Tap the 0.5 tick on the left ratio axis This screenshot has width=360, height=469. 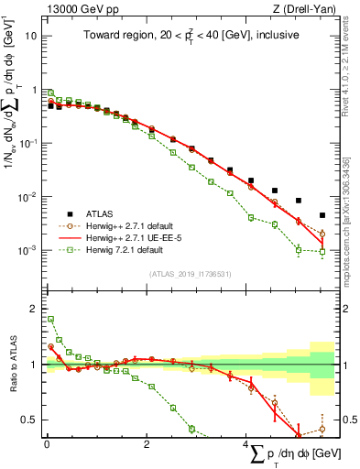click(28, 420)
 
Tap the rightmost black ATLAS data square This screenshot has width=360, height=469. click(322, 215)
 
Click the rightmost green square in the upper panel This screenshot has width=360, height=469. click(322, 251)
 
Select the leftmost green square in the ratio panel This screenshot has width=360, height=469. click(50, 320)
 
